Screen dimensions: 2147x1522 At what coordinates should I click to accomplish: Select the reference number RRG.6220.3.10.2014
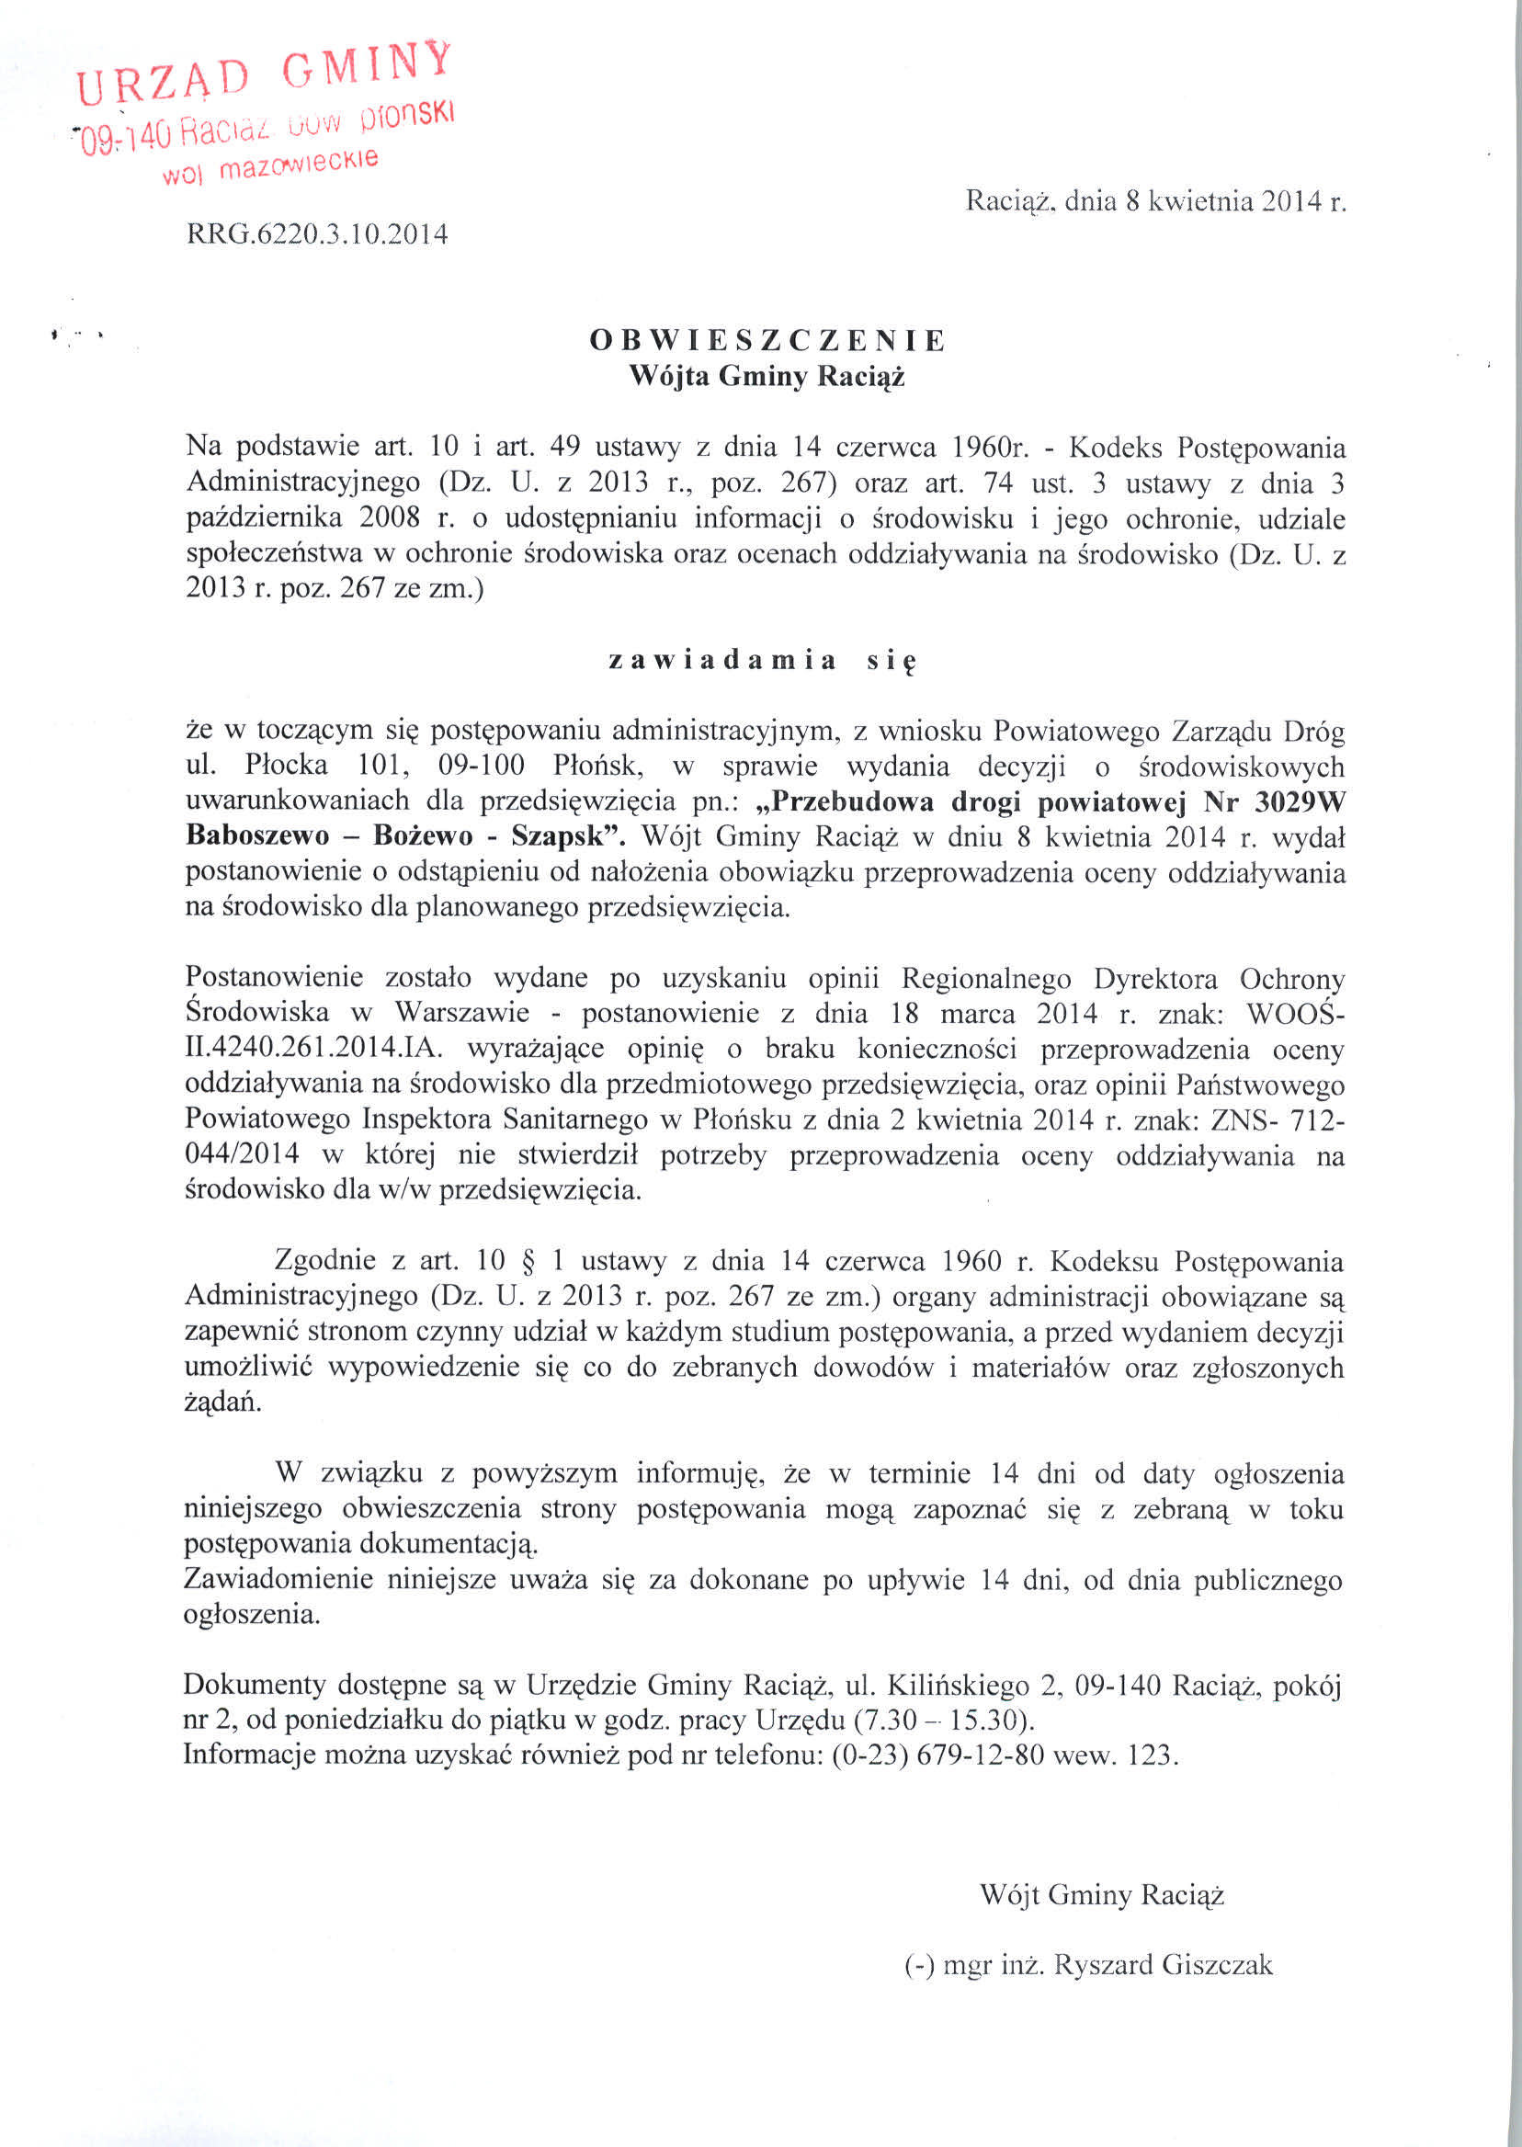coord(317,233)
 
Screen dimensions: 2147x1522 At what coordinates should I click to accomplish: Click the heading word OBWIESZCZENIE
coord(767,340)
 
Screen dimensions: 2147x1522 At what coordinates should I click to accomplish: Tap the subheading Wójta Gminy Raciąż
coord(767,377)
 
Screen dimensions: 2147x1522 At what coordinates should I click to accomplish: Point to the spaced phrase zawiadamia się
coord(761,661)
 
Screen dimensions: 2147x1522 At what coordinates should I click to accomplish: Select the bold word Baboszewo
coord(257,837)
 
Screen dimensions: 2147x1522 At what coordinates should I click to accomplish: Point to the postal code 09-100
coord(482,767)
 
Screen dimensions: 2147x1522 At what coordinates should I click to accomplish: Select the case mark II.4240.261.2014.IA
coord(315,1049)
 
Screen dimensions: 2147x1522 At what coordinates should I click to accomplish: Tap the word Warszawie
coord(462,1013)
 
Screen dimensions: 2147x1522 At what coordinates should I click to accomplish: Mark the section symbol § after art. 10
coord(543,1261)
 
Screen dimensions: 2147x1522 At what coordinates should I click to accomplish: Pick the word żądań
coord(223,1403)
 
